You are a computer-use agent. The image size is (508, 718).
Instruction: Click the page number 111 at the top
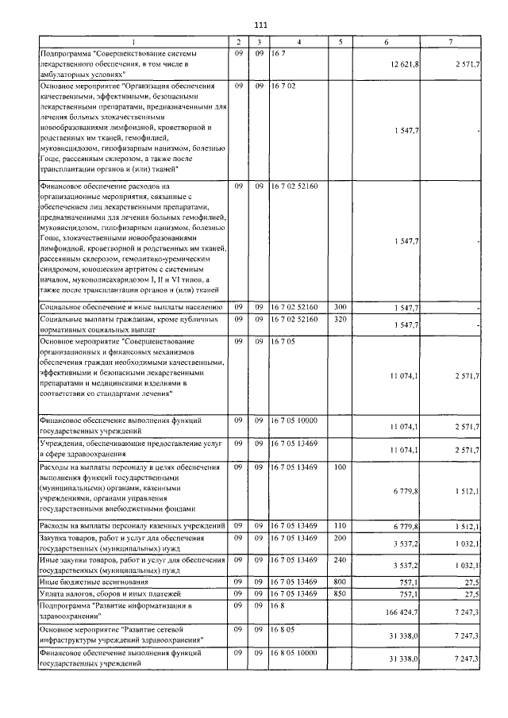click(x=261, y=25)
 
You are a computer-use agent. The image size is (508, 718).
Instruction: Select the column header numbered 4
click(x=298, y=41)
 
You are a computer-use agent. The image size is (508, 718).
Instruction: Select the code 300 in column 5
click(x=340, y=306)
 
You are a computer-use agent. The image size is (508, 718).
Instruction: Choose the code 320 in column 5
click(x=340, y=319)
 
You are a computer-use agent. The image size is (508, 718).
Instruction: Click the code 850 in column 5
click(x=340, y=593)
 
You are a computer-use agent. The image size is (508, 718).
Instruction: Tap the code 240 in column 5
click(x=340, y=560)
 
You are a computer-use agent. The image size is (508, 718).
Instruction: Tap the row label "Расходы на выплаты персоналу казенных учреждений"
click(x=132, y=527)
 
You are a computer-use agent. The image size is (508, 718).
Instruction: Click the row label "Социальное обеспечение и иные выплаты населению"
click(x=130, y=306)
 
